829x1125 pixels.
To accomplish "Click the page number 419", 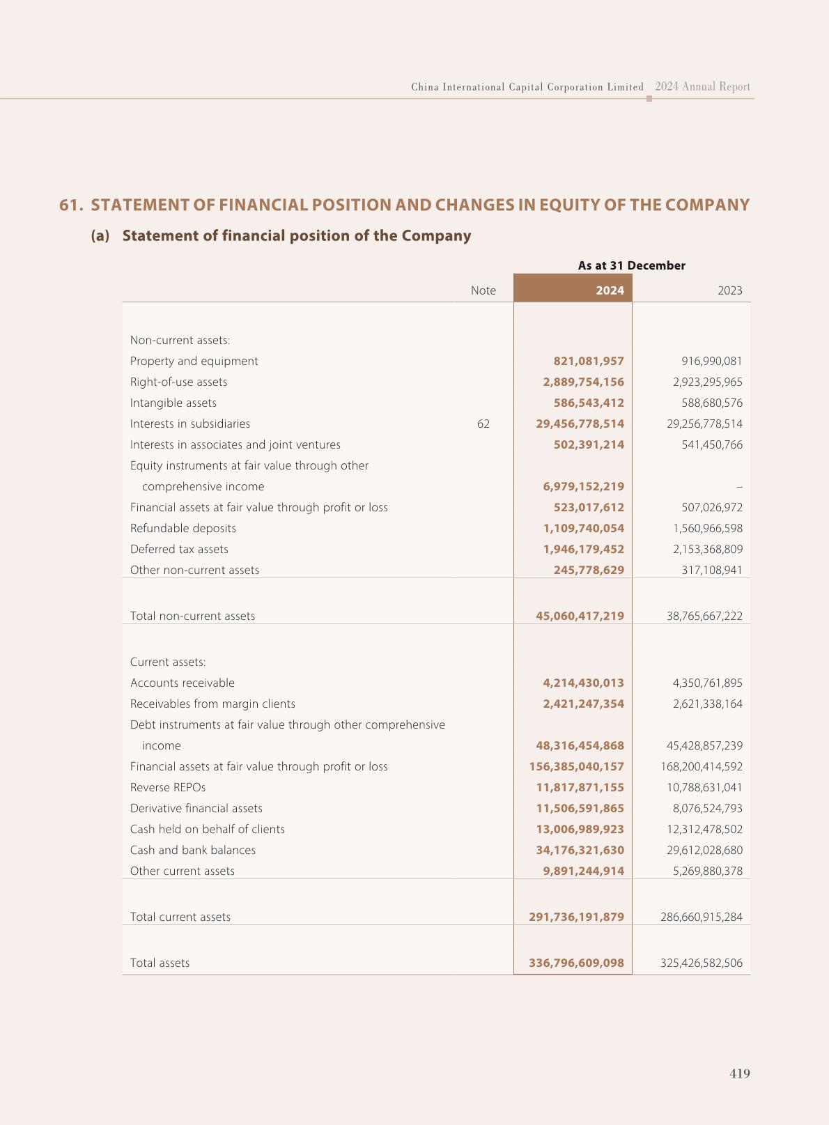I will [739, 1073].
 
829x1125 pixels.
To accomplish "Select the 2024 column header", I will [610, 290].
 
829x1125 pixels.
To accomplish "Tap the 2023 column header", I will [729, 290].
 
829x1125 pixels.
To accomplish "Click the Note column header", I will [483, 290].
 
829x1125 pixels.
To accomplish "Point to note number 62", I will [483, 424].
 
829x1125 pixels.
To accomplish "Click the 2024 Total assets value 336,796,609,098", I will [576, 963].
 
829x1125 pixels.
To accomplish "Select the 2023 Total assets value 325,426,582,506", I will [701, 963].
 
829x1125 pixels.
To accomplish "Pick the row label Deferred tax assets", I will [179, 549].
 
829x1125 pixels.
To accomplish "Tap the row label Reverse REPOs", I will [167, 787].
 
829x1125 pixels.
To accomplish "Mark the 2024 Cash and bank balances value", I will [580, 850].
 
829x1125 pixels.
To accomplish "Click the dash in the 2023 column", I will [739, 487].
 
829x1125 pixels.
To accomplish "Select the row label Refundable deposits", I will [183, 528].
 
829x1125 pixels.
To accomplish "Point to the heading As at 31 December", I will [631, 265].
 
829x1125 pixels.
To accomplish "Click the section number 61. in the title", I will [71, 205].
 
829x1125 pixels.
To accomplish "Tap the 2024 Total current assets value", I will [576, 917].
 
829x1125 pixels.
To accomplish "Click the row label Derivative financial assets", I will [196, 808].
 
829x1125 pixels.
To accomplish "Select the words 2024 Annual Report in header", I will [702, 87].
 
